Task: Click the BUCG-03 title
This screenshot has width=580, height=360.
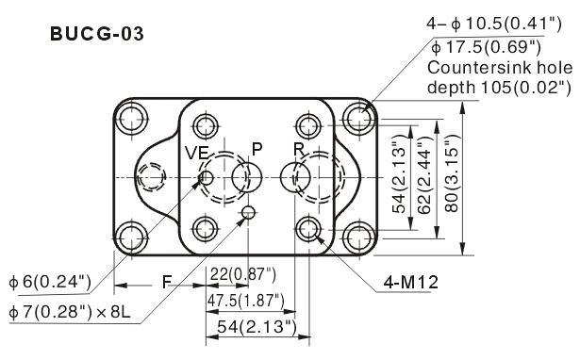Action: pos(96,34)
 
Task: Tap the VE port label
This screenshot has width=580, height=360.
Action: pos(197,153)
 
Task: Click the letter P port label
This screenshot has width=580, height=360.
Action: pos(257,149)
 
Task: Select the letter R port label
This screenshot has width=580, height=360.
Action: pos(299,149)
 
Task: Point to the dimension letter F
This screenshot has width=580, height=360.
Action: pos(167,283)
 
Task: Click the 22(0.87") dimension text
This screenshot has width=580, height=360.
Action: pos(243,274)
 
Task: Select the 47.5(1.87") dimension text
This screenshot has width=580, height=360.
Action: pos(245,301)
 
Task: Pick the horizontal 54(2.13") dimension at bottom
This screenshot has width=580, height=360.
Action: pos(257,327)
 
